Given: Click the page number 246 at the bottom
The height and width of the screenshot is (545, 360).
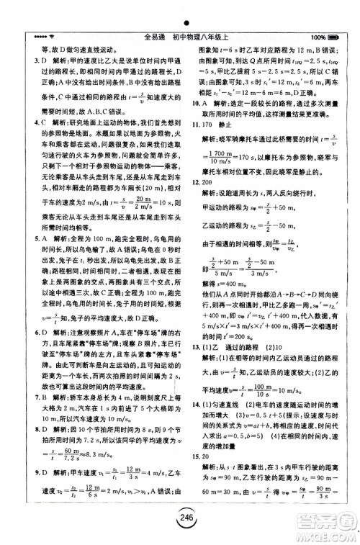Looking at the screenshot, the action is coord(180,527).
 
